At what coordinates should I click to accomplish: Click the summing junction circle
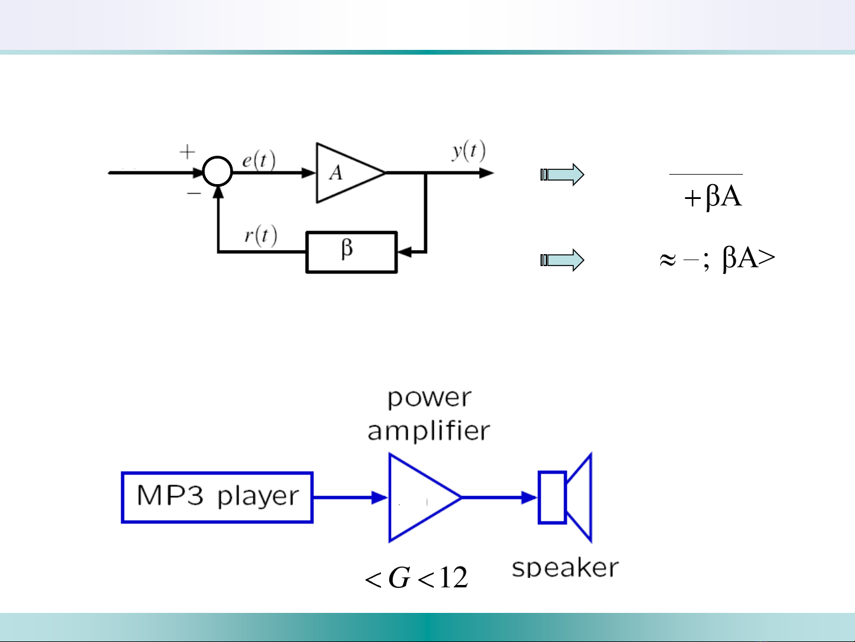click(x=218, y=172)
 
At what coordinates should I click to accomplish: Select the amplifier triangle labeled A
click(x=347, y=173)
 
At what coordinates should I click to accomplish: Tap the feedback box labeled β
click(x=351, y=252)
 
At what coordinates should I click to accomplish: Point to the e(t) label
click(x=258, y=161)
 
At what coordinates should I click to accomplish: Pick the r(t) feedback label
click(x=260, y=236)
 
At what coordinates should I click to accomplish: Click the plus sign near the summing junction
click(x=187, y=152)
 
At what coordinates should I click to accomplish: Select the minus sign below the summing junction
click(x=194, y=194)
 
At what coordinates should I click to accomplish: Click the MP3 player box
click(x=217, y=497)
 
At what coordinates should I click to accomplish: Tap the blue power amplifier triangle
click(x=419, y=498)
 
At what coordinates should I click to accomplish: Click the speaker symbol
click(x=565, y=498)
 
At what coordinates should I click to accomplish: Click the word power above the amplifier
click(x=429, y=399)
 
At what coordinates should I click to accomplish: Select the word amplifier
click(x=428, y=431)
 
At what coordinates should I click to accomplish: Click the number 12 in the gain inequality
click(x=453, y=577)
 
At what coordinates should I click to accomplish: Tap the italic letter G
click(x=399, y=577)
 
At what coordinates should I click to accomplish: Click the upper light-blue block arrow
click(x=562, y=175)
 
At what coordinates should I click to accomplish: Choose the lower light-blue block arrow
click(x=562, y=260)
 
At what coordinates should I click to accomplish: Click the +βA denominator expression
click(x=713, y=196)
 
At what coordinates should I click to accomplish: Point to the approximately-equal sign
click(x=668, y=260)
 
